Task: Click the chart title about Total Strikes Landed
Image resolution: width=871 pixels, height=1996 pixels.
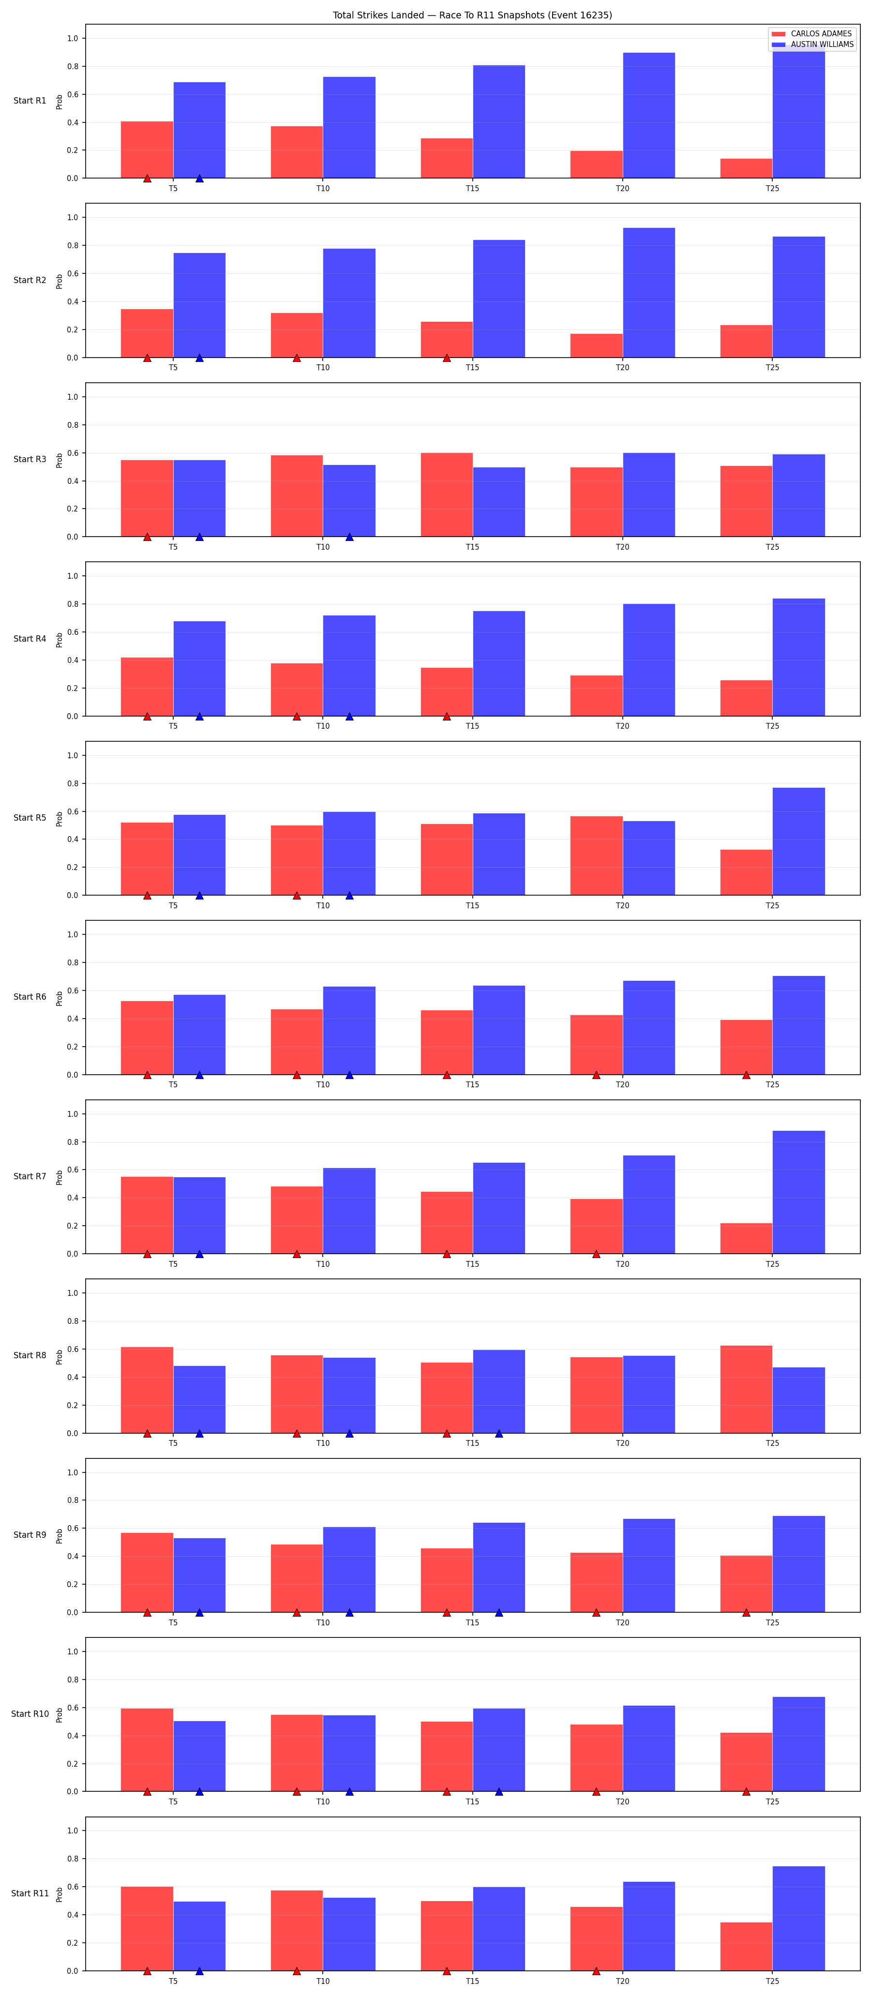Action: point(472,15)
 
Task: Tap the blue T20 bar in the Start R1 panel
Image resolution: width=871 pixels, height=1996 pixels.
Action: point(648,116)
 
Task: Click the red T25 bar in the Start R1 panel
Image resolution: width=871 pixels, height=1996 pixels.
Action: point(746,168)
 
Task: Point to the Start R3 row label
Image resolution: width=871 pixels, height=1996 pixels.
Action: point(30,460)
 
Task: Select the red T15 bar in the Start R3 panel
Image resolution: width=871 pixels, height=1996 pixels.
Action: point(446,495)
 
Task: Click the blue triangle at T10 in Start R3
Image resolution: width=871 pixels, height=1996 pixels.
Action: point(349,537)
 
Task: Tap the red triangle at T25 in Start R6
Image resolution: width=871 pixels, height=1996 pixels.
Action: point(746,1075)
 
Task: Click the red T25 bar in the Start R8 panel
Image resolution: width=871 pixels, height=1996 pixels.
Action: point(746,1389)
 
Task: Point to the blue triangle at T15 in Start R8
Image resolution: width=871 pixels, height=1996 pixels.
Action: point(499,1433)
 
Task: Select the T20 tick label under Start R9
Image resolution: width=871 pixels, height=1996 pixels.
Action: point(622,1622)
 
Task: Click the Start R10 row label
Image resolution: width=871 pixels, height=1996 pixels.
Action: point(30,1714)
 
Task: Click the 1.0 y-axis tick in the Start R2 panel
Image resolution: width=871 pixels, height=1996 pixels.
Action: point(72,218)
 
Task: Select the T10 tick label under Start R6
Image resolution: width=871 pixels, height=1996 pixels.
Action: point(322,1085)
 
